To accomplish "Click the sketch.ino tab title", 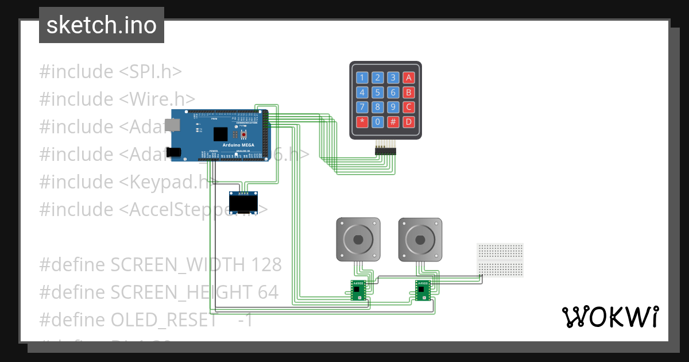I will pos(102,25).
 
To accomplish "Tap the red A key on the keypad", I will pos(408,78).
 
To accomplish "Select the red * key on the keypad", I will pos(362,121).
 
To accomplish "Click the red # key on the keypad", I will pos(393,121).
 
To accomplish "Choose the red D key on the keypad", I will pos(408,121).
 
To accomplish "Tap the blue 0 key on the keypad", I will pos(377,121).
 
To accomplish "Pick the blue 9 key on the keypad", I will pos(393,107).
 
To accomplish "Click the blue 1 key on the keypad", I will pos(362,78).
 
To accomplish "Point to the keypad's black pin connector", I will pos(385,150).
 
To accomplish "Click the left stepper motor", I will pos(358,238).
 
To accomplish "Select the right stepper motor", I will pos(420,238).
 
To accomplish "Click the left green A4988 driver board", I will pos(359,290).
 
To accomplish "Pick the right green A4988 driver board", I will pos(423,290).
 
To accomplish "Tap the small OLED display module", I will pos(243,205).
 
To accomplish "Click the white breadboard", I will pos(500,260).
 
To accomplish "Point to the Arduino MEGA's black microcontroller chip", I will pos(220,134).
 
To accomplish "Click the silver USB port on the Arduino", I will pos(171,125).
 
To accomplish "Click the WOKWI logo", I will pos(610,317).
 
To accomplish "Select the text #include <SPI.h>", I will pos(110,72).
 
